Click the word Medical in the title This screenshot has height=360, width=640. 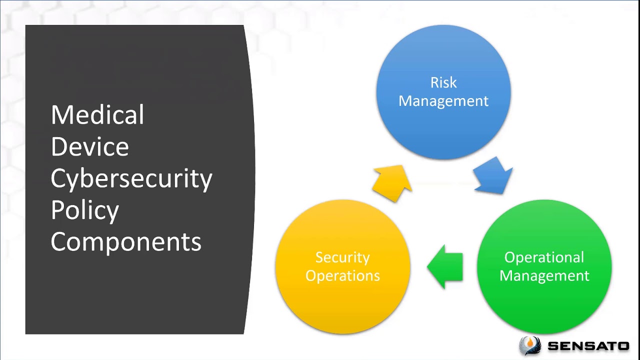[x=97, y=115]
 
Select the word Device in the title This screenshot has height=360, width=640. [x=90, y=147]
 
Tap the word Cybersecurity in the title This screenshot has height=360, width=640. [x=131, y=179]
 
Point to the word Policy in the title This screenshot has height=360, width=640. [x=85, y=210]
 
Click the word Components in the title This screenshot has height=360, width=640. [x=126, y=242]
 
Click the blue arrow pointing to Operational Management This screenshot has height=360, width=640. [x=493, y=175]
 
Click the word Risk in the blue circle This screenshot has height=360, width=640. [x=443, y=82]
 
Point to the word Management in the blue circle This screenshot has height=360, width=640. [x=443, y=101]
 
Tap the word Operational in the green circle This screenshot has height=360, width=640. [x=544, y=257]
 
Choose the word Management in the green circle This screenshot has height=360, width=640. [x=544, y=276]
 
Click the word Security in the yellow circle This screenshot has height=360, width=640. [x=342, y=257]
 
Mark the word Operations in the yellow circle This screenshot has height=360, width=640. [x=342, y=276]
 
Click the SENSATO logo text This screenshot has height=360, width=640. [x=588, y=345]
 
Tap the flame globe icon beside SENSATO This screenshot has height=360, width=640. [x=530, y=345]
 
